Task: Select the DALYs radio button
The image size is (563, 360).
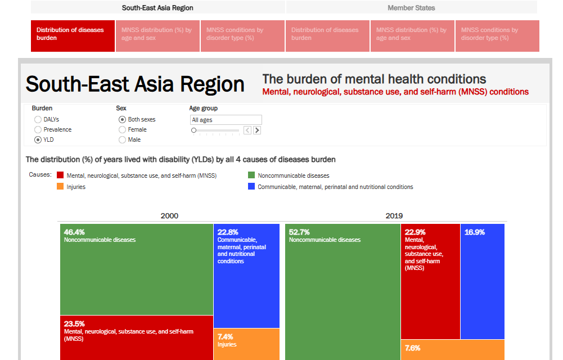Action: pyautogui.click(x=38, y=119)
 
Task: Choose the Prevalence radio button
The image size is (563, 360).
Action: pyautogui.click(x=38, y=129)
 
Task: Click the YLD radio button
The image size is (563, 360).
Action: pyautogui.click(x=38, y=139)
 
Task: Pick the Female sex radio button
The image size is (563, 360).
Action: pyautogui.click(x=122, y=129)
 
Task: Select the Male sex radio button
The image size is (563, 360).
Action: pyautogui.click(x=122, y=139)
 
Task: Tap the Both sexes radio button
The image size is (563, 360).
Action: pyautogui.click(x=122, y=119)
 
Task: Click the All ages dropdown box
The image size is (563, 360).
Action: pyautogui.click(x=226, y=120)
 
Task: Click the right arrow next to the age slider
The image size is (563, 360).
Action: pyautogui.click(x=257, y=130)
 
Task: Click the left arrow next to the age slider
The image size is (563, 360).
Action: pyautogui.click(x=247, y=130)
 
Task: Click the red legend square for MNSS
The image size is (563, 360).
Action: pyautogui.click(x=60, y=175)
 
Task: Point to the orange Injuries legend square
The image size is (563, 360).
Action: pyautogui.click(x=60, y=187)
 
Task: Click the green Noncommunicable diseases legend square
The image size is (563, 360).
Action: pyautogui.click(x=252, y=175)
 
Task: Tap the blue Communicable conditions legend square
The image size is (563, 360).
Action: pyautogui.click(x=252, y=187)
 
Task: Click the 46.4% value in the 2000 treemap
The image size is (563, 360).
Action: pyautogui.click(x=75, y=232)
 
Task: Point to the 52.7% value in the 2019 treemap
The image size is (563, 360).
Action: pyautogui.click(x=300, y=232)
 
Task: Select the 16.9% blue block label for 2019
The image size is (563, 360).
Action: pyautogui.click(x=475, y=232)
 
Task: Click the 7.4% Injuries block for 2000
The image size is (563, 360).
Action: pyautogui.click(x=225, y=337)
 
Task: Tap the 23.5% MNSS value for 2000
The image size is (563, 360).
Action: pyautogui.click(x=74, y=324)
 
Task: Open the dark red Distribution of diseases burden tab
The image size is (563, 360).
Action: pyautogui.click(x=73, y=36)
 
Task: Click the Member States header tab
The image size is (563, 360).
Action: pyautogui.click(x=411, y=8)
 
